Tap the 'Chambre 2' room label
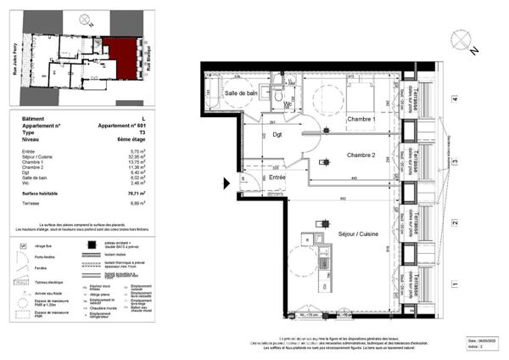(361, 155)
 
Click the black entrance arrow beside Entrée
(227, 182)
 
